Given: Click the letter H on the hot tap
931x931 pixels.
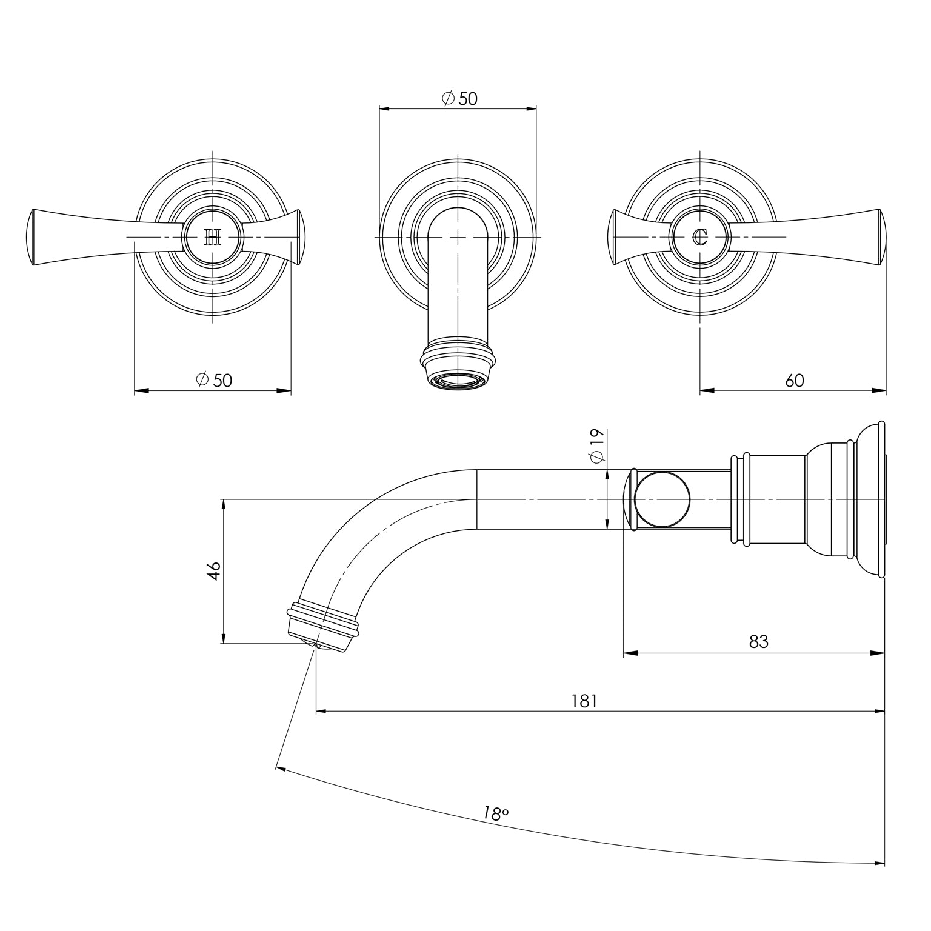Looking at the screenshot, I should (213, 237).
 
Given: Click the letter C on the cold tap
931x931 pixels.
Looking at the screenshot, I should (700, 237).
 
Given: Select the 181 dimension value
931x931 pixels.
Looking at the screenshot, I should (584, 701).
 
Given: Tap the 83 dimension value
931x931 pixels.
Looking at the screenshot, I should (758, 641).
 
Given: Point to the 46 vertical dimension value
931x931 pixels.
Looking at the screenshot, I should (213, 570).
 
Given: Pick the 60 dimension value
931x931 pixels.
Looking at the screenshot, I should (794, 381).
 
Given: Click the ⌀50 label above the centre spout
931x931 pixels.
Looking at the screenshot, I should (459, 99).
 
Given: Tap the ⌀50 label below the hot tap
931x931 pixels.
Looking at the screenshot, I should (214, 380).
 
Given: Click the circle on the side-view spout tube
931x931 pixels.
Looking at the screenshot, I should (662, 499).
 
